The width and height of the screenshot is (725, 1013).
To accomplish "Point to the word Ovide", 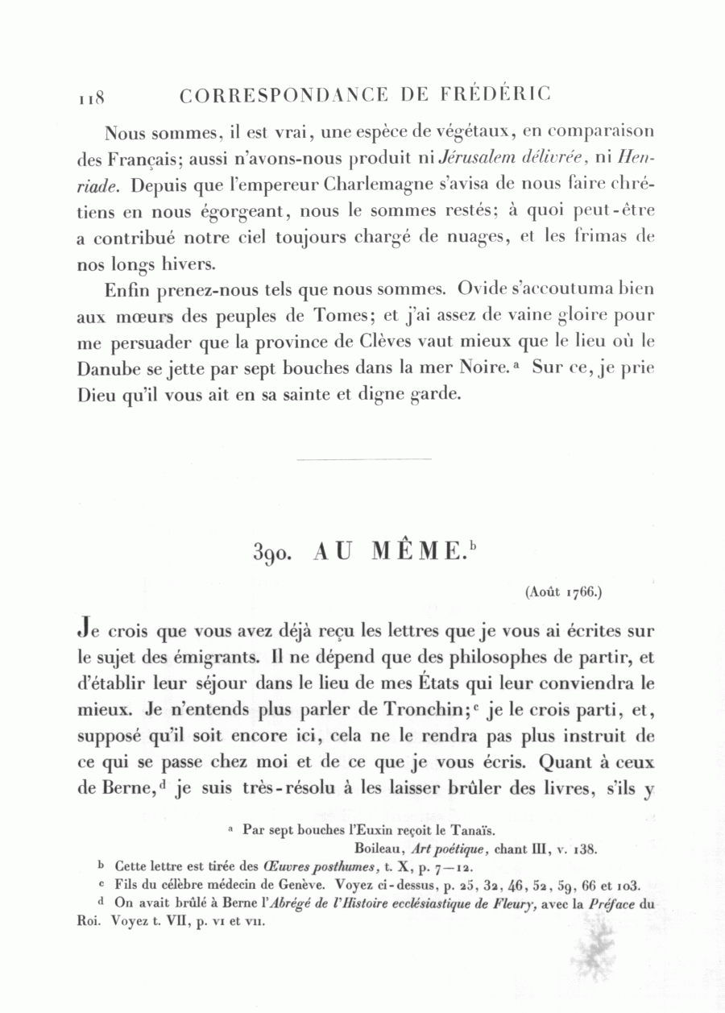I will (479, 289).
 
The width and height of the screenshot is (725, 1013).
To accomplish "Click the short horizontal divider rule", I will (364, 459).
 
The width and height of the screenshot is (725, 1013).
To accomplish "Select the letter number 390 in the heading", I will (270, 553).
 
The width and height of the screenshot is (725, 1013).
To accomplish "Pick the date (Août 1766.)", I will (563, 592).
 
